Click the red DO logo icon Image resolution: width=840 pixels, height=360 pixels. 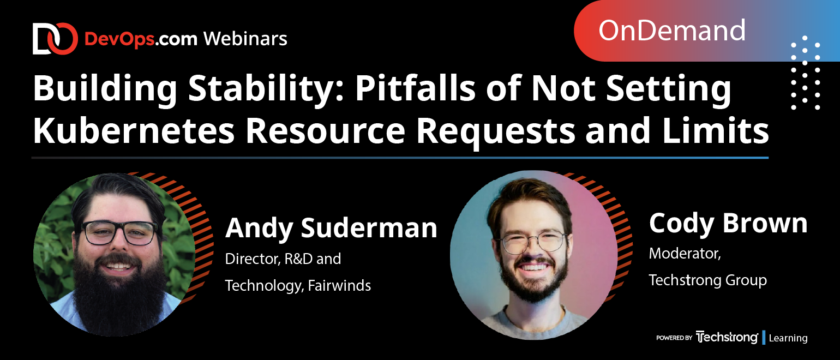click(55, 39)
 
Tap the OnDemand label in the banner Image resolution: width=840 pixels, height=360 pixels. click(671, 31)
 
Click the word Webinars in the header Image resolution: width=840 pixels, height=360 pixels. click(245, 39)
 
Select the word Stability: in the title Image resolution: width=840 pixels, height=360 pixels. click(266, 88)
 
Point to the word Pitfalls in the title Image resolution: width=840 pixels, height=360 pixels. click(415, 88)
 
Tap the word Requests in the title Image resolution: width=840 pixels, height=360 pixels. click(496, 133)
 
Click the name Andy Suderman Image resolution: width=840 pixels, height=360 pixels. click(331, 227)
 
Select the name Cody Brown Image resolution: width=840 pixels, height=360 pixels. click(728, 223)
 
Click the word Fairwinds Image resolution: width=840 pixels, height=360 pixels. click(339, 285)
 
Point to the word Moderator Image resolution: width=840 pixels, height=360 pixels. click(685, 254)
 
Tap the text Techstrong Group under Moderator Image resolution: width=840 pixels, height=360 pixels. click(708, 280)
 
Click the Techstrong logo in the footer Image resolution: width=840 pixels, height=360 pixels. click(727, 337)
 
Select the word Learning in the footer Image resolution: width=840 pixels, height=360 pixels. click(788, 338)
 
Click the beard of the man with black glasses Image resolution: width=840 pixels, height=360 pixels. click(119, 289)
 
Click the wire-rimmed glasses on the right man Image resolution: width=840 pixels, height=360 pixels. click(534, 242)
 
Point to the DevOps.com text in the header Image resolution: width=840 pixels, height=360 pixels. click(141, 39)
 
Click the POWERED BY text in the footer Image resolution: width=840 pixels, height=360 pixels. click(674, 338)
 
